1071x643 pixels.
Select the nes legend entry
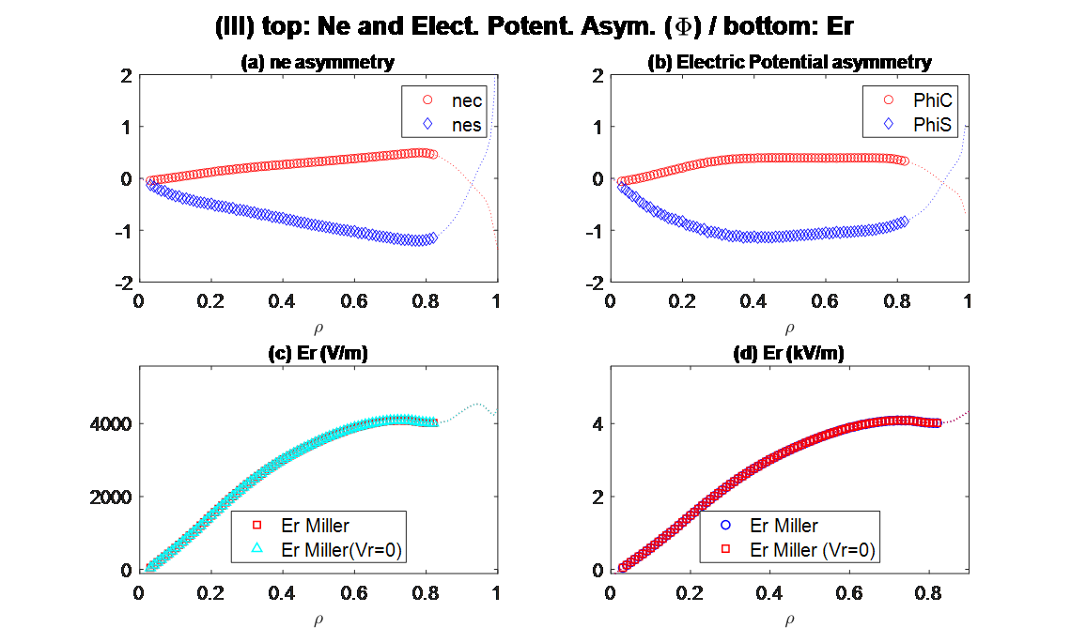tap(461, 123)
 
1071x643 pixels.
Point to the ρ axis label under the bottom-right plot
tap(789, 619)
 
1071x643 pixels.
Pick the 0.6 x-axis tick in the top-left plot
tap(354, 301)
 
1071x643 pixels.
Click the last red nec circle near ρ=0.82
tap(432, 155)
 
